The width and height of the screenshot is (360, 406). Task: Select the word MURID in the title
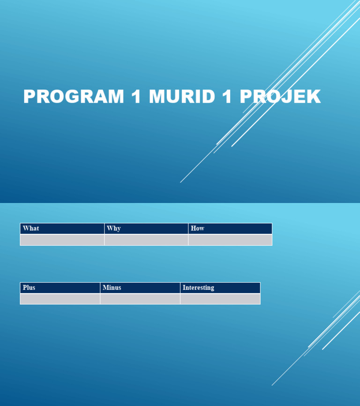(182, 97)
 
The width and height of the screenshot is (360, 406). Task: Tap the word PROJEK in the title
(280, 97)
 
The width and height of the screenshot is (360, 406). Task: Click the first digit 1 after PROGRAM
(136, 97)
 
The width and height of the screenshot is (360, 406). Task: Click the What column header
(31, 228)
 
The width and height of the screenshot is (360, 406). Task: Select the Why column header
(113, 228)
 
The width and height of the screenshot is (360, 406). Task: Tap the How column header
(197, 228)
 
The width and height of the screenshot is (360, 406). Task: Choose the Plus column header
(29, 287)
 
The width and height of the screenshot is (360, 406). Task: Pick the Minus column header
(112, 287)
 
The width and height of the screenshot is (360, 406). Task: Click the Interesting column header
(198, 287)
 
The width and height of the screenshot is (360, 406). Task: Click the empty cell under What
(62, 240)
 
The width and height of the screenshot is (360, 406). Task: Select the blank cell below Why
(146, 240)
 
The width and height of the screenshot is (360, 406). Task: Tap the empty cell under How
(230, 240)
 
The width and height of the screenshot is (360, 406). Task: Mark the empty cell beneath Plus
(60, 299)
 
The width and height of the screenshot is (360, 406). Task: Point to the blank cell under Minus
(140, 299)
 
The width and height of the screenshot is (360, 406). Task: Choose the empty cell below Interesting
(220, 299)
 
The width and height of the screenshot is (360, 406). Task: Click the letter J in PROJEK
(285, 97)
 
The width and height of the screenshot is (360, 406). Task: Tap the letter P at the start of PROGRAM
(30, 97)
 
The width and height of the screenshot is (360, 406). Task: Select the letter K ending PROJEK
(314, 97)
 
